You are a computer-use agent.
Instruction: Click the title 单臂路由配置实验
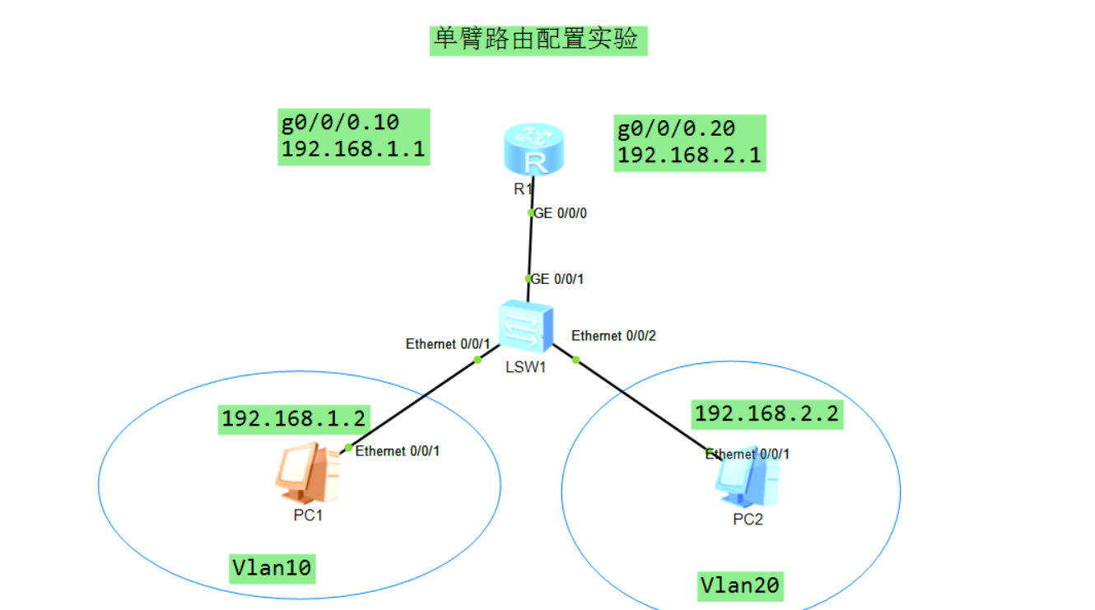click(x=538, y=39)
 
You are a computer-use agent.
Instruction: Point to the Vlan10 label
click(x=273, y=567)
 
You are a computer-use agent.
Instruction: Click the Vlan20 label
click(x=739, y=585)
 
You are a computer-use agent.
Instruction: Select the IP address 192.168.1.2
click(x=293, y=418)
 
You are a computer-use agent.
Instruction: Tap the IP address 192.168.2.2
click(x=766, y=413)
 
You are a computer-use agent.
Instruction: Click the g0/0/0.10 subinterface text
click(x=339, y=123)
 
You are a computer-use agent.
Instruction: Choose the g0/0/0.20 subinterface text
click(x=676, y=128)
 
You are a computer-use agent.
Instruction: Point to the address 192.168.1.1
click(x=352, y=149)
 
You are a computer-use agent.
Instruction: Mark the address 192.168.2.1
click(x=689, y=155)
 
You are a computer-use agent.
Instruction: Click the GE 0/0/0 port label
click(x=561, y=213)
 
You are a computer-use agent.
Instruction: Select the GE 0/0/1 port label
click(x=558, y=279)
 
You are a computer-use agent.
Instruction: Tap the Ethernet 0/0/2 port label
click(x=613, y=336)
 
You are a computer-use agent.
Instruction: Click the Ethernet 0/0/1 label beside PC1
click(x=398, y=451)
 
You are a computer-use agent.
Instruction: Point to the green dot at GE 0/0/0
click(x=531, y=212)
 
